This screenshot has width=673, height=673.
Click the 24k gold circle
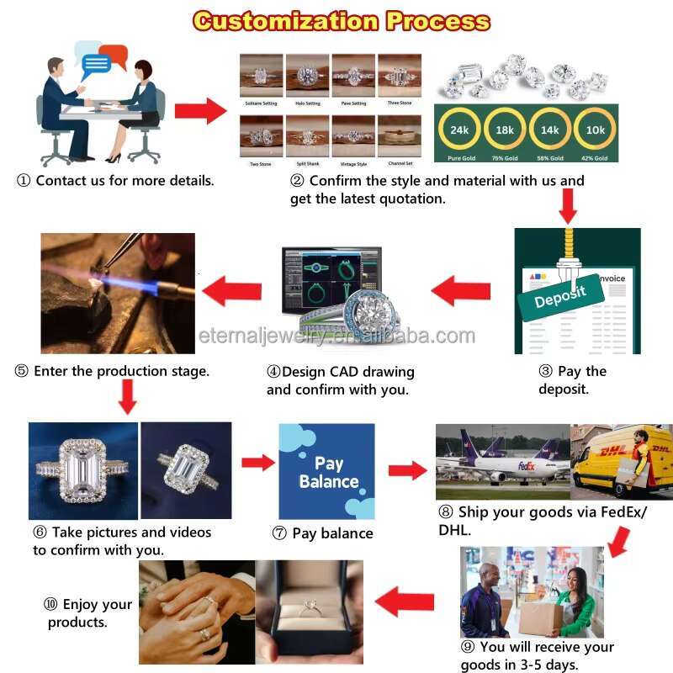coord(459,130)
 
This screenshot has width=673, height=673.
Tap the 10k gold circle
coord(595,130)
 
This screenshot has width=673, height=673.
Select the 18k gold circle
coord(505,130)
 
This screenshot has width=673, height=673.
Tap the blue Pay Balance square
coord(326,472)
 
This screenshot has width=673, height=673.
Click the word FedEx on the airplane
coord(527,465)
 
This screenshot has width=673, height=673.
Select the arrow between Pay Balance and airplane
coord(407,470)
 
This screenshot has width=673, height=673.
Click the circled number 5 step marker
coord(21,371)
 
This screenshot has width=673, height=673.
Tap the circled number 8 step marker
coord(445,511)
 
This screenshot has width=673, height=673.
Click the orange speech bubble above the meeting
coord(112,56)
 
